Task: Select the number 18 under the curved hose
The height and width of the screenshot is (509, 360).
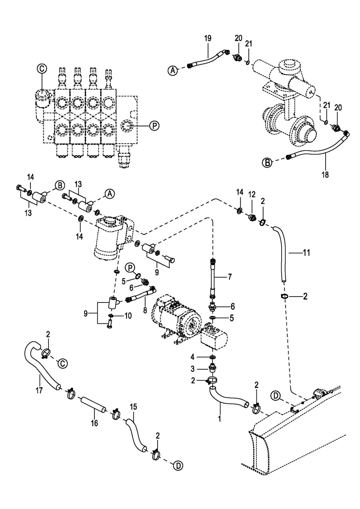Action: click(x=325, y=175)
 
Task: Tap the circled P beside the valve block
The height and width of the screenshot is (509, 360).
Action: click(x=154, y=126)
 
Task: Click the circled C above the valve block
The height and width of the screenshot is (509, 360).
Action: click(x=42, y=68)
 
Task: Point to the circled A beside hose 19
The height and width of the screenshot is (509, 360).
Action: click(x=172, y=71)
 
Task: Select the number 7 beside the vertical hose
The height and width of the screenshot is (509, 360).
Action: click(x=230, y=276)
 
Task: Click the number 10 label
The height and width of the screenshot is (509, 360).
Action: click(x=128, y=316)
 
